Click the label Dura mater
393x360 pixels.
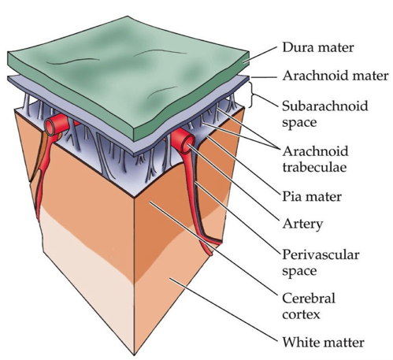pos(318,47)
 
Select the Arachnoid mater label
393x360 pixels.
pos(336,76)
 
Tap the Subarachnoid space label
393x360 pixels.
pos(325,114)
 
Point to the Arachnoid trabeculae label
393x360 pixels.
pos(315,159)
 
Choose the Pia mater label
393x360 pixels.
pos(312,197)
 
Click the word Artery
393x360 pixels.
pos(302,224)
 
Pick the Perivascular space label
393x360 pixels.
pos(321,263)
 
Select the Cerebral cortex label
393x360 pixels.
pos(309,306)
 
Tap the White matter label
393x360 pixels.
pos(323,343)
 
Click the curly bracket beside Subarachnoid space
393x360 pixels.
pos(254,95)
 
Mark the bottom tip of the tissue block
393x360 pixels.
pos(135,355)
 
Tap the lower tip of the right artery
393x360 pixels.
pos(210,255)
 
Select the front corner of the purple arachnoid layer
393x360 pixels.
pos(135,155)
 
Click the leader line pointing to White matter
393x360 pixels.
pos(224,310)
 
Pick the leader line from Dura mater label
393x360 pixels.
pos(259,54)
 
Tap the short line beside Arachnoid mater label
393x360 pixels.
pos(264,77)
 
